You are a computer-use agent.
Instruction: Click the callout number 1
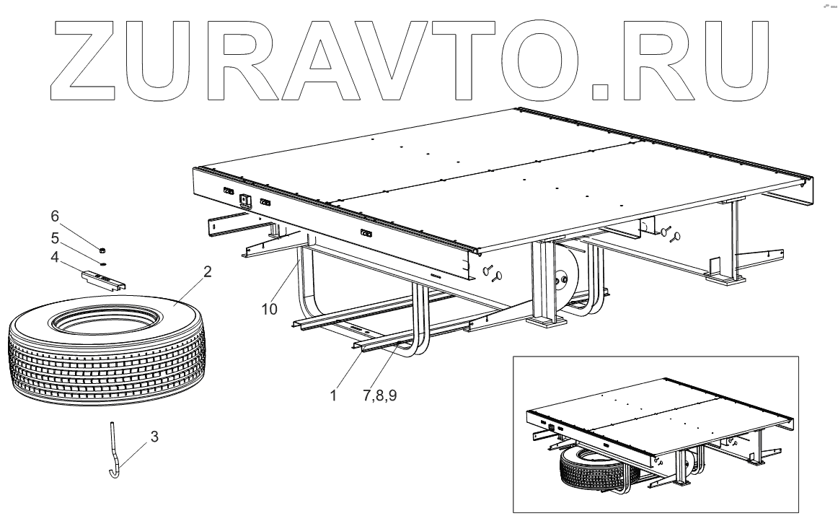(x=332, y=396)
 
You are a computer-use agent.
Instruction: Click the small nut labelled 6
(x=102, y=249)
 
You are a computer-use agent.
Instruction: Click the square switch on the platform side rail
(x=245, y=201)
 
